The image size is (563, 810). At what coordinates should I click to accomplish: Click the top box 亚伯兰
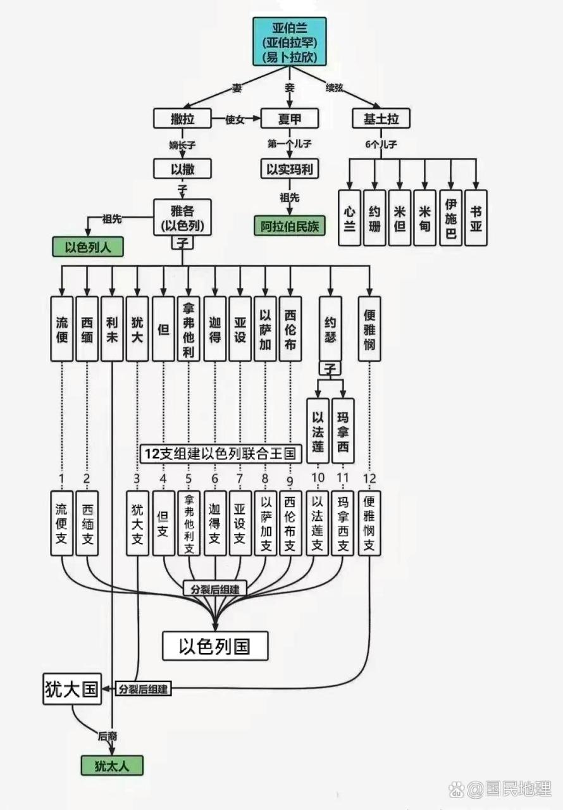[x=290, y=42]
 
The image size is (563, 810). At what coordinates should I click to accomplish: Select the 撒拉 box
[x=182, y=118]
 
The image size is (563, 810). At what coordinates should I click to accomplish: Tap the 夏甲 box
[x=290, y=118]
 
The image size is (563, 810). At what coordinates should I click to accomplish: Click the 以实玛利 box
[x=290, y=169]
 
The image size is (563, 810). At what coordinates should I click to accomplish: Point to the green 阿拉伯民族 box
[x=290, y=225]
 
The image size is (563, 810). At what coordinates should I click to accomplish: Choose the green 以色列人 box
[x=88, y=247]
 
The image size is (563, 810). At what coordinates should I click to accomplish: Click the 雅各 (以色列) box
[x=182, y=217]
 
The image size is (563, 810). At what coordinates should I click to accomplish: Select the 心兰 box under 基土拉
[x=349, y=218]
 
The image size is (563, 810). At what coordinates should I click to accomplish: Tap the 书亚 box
[x=476, y=218]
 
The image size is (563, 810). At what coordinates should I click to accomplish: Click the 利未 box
[x=112, y=329]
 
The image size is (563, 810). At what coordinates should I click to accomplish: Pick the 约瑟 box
[x=330, y=329]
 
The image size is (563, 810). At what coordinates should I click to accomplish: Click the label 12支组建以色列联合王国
[x=221, y=453]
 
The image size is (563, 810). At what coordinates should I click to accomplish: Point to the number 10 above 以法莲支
[x=318, y=478]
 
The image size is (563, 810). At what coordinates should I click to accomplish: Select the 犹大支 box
[x=137, y=523]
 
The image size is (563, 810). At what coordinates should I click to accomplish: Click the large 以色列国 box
[x=215, y=646]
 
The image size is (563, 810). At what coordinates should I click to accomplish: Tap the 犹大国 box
[x=71, y=689]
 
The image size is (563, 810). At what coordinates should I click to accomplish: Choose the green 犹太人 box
[x=112, y=765]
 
